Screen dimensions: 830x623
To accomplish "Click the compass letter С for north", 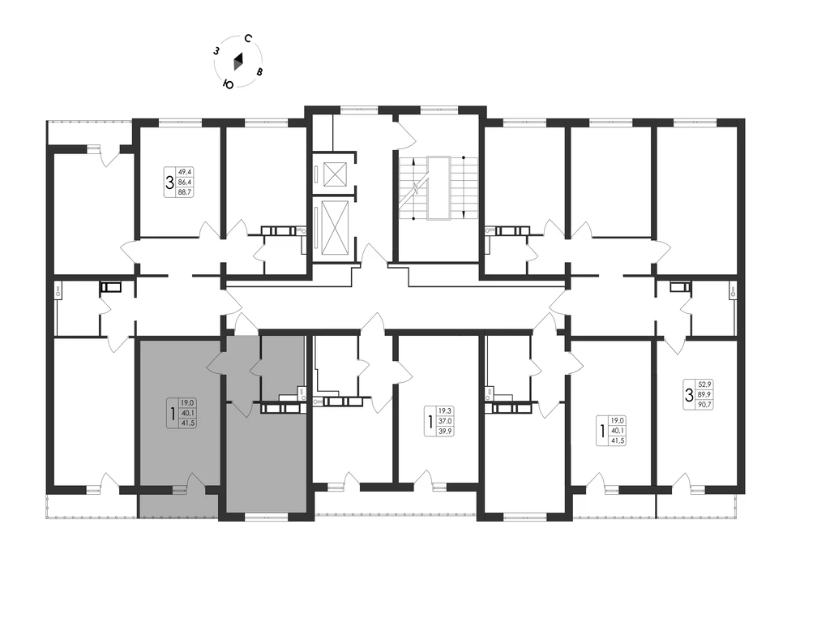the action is click(x=248, y=38).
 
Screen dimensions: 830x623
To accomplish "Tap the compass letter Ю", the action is click(x=229, y=84).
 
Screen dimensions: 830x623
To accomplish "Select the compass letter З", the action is click(x=216, y=51).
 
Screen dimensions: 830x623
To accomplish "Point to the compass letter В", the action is click(x=259, y=72).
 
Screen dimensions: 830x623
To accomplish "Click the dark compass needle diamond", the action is click(x=239, y=62).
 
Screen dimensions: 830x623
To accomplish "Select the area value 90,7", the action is click(x=704, y=404).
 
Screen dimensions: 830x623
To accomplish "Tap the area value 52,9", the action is click(x=704, y=384).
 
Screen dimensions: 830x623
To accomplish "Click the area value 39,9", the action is click(x=446, y=432).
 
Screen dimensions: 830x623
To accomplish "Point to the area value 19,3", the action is click(x=446, y=410).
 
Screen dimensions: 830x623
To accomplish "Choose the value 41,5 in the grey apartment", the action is click(x=188, y=423).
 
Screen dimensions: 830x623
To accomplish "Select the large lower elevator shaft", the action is click(x=334, y=228).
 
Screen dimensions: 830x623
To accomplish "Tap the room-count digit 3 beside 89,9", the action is click(x=689, y=395).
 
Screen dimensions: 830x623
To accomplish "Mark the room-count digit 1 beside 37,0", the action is click(x=430, y=421).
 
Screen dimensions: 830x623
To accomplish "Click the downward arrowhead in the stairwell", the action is click(x=464, y=214).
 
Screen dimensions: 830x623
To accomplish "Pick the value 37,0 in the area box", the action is click(x=446, y=421).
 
